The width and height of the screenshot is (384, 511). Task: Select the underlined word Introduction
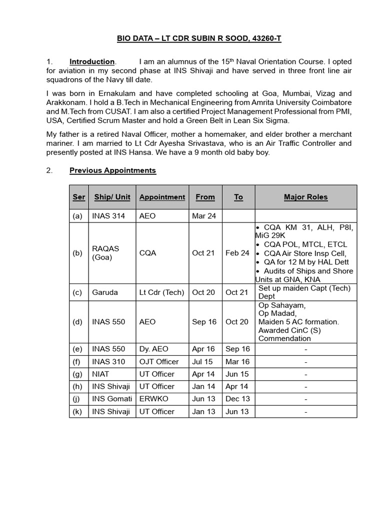[92, 61]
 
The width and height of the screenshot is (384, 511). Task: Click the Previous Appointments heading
[112, 170]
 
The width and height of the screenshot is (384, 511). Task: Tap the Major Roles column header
[305, 197]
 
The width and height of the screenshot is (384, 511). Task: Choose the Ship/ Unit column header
[112, 197]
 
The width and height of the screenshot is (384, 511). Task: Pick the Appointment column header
[162, 197]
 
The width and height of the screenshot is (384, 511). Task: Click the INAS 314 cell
[108, 216]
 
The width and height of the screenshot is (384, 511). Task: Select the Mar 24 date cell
[203, 216]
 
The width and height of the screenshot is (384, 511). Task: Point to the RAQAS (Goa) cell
[105, 253]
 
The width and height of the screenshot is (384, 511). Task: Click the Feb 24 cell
[237, 253]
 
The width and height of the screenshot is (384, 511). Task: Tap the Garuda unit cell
[105, 292]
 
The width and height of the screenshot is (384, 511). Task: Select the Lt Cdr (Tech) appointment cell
[161, 292]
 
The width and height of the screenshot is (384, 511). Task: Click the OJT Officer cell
[158, 361]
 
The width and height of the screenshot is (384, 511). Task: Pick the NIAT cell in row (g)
[101, 374]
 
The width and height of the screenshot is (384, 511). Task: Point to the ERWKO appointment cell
[153, 399]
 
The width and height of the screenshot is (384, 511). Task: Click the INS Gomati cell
[112, 399]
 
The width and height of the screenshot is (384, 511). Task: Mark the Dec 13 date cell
[237, 399]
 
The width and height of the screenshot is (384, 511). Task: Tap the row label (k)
[77, 412]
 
